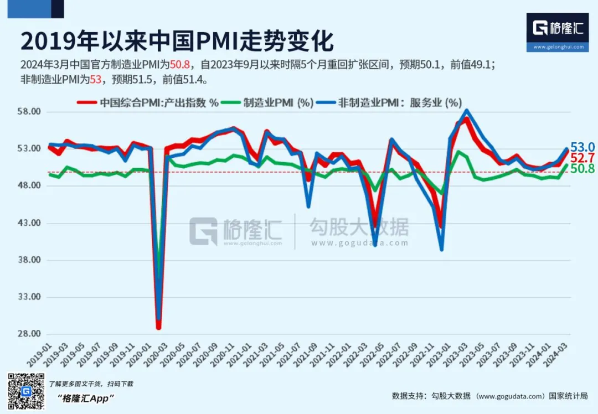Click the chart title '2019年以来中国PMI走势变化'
[x=177, y=41]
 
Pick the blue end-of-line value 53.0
[x=582, y=147]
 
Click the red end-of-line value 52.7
[x=582, y=158]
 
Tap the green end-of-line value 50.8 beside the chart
[x=582, y=169]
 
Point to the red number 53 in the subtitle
[x=96, y=80]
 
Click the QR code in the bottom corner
[x=25, y=391]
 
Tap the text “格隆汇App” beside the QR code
[x=85, y=399]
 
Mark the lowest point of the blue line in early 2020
[x=159, y=320]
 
